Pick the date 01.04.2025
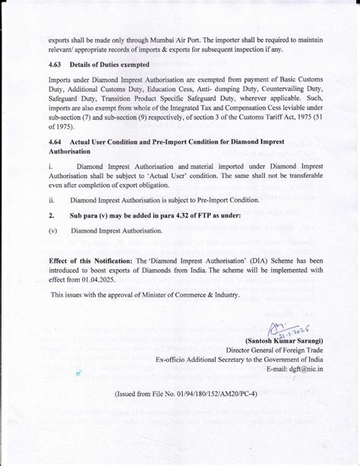coord(103,280)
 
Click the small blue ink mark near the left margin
coord(78,373)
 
